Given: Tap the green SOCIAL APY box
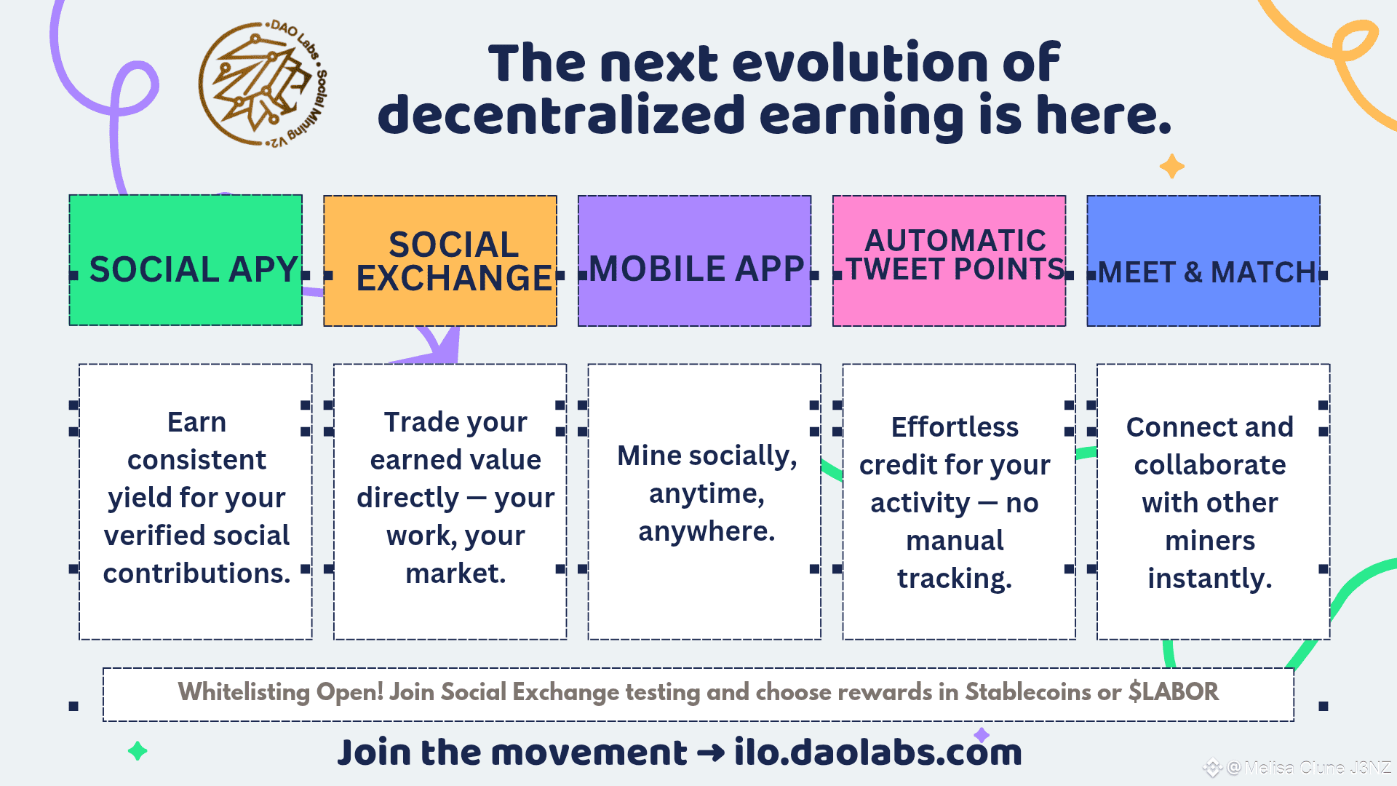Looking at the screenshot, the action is click(186, 260).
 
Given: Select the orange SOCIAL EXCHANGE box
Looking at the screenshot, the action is click(440, 261).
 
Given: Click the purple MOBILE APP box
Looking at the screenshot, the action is click(695, 261).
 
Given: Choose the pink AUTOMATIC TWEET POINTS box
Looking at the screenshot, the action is click(950, 261).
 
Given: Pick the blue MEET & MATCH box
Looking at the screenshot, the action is click(1203, 261).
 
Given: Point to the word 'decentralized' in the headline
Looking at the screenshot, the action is click(562, 116).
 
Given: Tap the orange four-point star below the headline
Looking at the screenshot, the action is click(1171, 166).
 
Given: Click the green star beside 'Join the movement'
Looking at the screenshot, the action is click(138, 750).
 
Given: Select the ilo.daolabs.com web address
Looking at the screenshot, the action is click(878, 753).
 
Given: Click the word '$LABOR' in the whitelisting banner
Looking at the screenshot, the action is click(1174, 691).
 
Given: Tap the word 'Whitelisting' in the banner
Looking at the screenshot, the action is click(244, 692).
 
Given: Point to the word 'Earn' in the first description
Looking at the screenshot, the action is click(196, 422).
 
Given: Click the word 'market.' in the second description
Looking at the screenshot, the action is click(455, 573).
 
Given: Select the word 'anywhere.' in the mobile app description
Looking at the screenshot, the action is click(707, 532).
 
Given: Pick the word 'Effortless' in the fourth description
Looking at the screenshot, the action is click(955, 427).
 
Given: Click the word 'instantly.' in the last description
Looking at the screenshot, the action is click(1210, 579).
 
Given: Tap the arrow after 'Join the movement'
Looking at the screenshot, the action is click(710, 753).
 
